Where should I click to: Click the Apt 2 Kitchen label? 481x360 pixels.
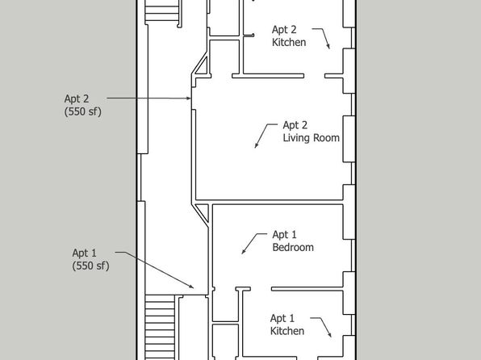point(289,36)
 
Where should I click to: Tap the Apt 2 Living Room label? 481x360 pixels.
point(311,132)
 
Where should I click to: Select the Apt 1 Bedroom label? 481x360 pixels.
point(293,241)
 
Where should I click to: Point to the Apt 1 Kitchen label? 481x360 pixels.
point(287,324)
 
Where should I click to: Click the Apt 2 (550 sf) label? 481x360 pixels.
point(83,105)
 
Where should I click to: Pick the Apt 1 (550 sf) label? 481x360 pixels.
point(90,259)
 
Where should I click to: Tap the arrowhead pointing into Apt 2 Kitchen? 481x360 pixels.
point(328,46)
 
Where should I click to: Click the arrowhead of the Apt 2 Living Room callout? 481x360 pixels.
point(256,145)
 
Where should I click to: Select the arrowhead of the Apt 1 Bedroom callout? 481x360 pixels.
point(243,251)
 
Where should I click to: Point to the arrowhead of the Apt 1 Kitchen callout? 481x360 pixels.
point(329,334)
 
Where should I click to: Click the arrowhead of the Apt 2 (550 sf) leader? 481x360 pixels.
point(188,98)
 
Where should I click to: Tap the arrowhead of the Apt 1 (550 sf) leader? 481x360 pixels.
point(191,287)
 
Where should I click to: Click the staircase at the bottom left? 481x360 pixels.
point(160,328)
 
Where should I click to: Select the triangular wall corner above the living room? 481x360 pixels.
point(202,65)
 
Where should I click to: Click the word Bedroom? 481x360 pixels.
point(293,247)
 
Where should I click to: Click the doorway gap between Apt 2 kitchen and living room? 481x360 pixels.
point(315,76)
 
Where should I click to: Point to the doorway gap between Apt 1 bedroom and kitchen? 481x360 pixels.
point(261,289)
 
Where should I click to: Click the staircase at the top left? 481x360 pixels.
point(161,10)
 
